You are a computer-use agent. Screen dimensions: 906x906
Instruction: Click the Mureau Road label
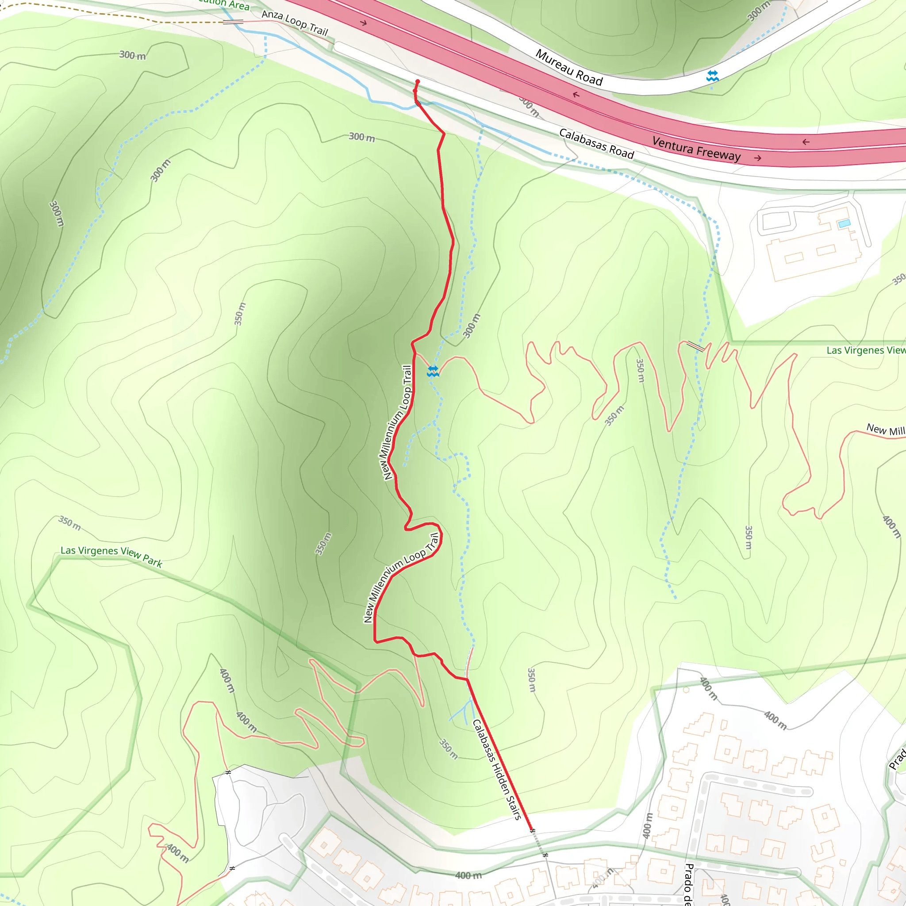(569, 68)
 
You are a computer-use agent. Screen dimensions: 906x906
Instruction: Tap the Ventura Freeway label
(696, 149)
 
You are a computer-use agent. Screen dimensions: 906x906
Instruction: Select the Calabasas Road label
(596, 144)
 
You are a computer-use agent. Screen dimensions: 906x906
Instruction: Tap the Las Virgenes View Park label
(111, 556)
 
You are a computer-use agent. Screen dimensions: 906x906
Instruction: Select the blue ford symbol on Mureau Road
(712, 76)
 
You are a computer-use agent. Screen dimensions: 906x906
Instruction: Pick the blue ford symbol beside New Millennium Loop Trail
(433, 372)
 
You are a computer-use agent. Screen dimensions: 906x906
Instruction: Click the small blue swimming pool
(844, 224)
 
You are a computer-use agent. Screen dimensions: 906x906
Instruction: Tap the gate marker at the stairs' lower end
(532, 830)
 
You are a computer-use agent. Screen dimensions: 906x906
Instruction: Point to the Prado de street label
(688, 884)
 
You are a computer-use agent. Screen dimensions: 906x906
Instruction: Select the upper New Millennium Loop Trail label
(398, 422)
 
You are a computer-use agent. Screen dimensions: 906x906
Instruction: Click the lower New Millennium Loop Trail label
(401, 577)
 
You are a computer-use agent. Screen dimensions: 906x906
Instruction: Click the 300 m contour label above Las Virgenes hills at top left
(132, 55)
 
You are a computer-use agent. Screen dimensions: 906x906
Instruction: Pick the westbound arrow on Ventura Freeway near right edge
(806, 142)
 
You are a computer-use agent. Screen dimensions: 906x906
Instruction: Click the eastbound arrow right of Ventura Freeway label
(757, 158)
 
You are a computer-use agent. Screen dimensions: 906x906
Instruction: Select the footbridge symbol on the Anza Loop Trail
(233, 22)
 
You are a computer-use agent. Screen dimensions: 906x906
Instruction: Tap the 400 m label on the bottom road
(468, 875)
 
